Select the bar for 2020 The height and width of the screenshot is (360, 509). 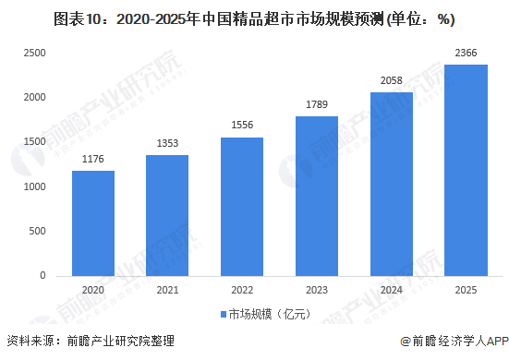pyautogui.click(x=92, y=222)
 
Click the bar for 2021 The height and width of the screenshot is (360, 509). pyautogui.click(x=167, y=215)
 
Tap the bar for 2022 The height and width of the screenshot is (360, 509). pyautogui.click(x=242, y=206)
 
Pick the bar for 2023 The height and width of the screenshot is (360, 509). pyautogui.click(x=317, y=196)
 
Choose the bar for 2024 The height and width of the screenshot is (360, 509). pyautogui.click(x=392, y=184)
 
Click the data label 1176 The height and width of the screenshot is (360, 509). pyautogui.click(x=92, y=160)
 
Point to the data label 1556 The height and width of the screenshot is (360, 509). pyautogui.click(x=242, y=126)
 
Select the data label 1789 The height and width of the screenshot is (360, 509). pyautogui.click(x=317, y=105)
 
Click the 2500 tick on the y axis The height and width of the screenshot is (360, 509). pyautogui.click(x=34, y=54)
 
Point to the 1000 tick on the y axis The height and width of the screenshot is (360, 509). pyautogui.click(x=34, y=186)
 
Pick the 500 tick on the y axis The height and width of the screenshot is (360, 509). pyautogui.click(x=37, y=231)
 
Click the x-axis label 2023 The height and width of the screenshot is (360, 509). pyautogui.click(x=317, y=288)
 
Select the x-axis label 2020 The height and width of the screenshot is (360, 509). pyautogui.click(x=92, y=288)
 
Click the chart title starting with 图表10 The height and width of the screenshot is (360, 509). pyautogui.click(x=255, y=18)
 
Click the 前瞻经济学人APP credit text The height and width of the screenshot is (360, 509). pyautogui.click(x=454, y=341)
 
